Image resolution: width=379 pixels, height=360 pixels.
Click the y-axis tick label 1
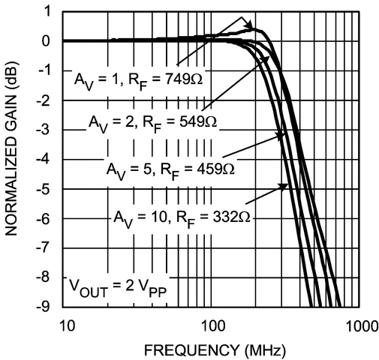pyautogui.click(x=47, y=11)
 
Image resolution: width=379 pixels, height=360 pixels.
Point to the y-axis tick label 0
pyautogui.click(x=47, y=40)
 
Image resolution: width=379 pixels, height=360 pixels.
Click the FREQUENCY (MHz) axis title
pyautogui.click(x=212, y=348)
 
